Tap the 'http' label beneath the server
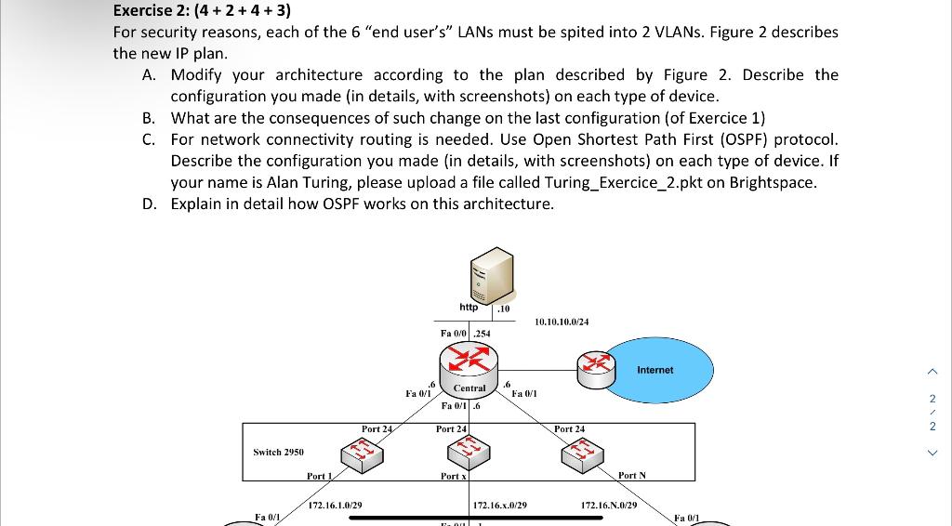pos(469,308)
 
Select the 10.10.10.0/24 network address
pos(562,322)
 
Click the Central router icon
pos(469,362)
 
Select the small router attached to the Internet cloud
pos(596,369)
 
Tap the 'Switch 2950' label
pos(278,452)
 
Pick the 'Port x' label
pos(453,476)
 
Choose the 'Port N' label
pos(631,476)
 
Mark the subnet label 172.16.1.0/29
pos(335,505)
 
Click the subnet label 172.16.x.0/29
pos(500,505)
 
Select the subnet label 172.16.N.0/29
pos(609,505)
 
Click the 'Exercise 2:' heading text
pos(151,11)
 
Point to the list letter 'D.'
pos(151,204)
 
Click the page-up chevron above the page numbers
pos(932,372)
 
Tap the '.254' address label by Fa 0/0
pos(483,333)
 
